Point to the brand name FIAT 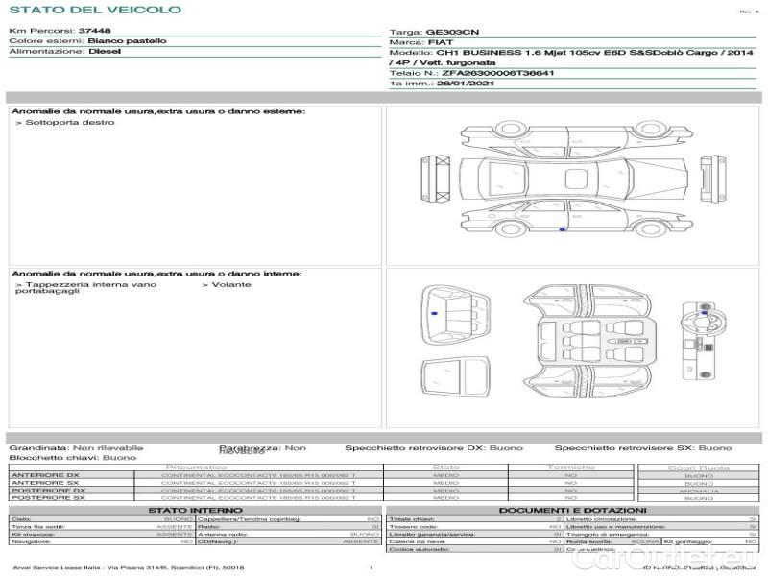439,43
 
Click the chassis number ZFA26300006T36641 498,73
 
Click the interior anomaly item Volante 230,285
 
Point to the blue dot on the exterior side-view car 561,229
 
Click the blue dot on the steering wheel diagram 706,312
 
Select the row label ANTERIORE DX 47,476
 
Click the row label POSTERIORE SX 48,498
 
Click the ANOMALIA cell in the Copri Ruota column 698,491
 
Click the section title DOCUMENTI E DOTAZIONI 572,510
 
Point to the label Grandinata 37,448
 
